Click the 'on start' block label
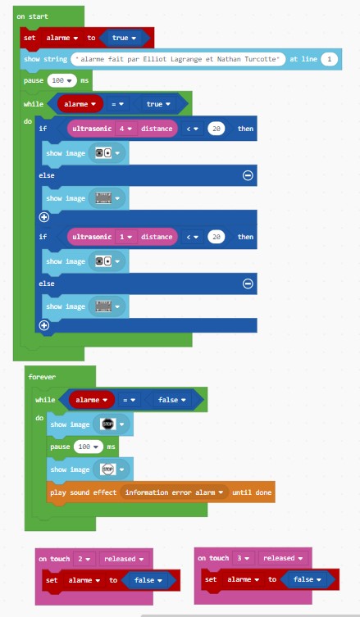32,16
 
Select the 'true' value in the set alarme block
124,38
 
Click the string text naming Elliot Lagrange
178,59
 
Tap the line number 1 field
330,59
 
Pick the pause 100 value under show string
62,80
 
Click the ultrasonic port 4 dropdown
125,129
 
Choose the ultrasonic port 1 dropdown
125,237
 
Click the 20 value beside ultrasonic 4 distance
216,129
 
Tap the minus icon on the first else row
248,175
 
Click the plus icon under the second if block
44,325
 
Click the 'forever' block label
42,377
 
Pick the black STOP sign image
107,424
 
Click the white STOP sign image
107,470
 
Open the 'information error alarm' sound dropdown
175,492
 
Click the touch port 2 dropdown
84,559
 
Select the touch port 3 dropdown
243,558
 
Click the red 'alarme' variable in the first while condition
80,104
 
